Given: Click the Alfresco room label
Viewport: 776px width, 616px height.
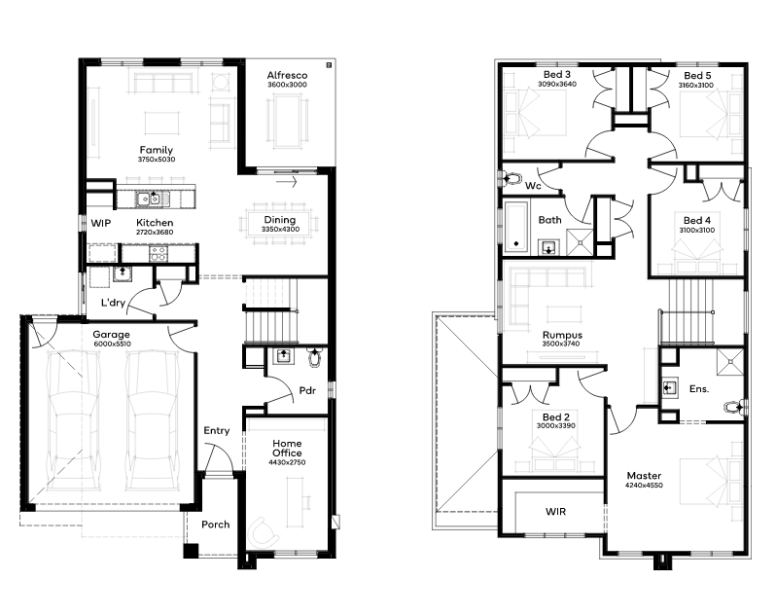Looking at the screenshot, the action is coord(287,75).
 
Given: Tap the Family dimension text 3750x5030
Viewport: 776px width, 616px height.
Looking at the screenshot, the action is coord(157,160).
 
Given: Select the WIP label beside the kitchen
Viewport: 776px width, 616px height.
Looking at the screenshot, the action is coord(101,223).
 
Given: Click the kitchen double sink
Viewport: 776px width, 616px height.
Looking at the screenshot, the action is coord(150,199).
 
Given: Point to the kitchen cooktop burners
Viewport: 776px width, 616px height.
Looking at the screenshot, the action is coord(159,254).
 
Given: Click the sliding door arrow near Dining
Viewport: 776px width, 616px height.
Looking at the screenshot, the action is coord(287,182).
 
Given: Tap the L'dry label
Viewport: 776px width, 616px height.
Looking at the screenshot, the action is coord(114,302).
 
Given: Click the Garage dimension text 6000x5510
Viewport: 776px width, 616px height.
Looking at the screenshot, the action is coord(113,344).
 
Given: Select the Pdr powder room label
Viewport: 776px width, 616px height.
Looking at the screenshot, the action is coord(307,390).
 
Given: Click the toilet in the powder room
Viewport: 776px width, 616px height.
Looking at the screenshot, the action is coord(314,357).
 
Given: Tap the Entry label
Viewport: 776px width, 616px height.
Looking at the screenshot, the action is coord(217,431).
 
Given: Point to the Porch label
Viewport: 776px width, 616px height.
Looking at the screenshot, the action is coord(215,525).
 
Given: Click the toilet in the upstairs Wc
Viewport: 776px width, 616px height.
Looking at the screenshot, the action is coord(512,178).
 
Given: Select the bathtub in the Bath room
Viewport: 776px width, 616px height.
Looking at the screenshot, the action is coord(515,226).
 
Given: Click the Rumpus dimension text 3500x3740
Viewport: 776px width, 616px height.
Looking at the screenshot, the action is coord(561,344).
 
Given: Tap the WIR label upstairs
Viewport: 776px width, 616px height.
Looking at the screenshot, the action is coord(555,512).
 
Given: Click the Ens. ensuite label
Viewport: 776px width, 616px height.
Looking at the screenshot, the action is coord(699,389).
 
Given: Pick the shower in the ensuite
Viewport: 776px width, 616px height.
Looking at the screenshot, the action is coord(730,361).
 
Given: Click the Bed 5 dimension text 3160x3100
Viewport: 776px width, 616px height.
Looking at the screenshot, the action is coord(696,86).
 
